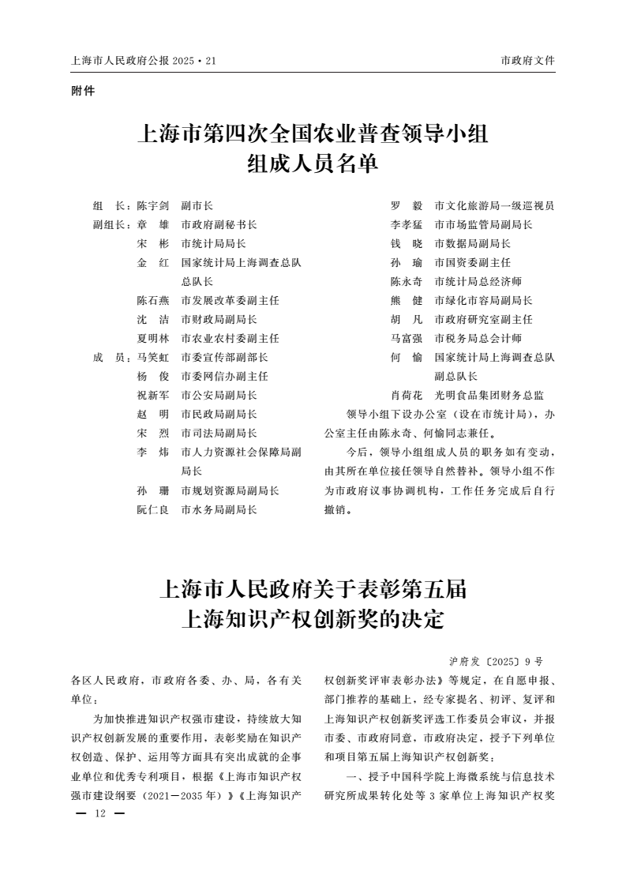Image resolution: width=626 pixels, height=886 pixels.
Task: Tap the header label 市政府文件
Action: pos(527,60)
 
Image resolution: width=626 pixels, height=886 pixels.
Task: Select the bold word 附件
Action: pos(83,91)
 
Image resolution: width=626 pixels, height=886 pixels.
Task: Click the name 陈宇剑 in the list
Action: pos(153,205)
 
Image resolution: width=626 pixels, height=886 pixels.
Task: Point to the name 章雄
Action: pos(153,224)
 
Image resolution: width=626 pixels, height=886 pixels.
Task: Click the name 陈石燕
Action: pos(153,301)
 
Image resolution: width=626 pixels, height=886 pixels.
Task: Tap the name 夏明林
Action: pos(153,339)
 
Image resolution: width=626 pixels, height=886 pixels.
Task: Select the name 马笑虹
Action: pos(153,358)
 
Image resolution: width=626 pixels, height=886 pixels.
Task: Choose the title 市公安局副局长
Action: pos(219,396)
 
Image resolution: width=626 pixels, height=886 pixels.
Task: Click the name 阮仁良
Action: pos(153,510)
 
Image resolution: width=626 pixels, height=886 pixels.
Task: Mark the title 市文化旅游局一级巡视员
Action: pos(494,205)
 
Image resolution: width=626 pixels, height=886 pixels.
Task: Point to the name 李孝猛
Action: pos(407,224)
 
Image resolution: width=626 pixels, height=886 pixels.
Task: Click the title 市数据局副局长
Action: pos(472,243)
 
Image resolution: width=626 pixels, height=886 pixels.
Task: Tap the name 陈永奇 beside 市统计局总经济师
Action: pos(407,282)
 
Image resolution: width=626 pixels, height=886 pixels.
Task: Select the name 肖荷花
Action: pos(407,396)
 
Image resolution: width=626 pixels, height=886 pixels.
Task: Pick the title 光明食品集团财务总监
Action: pos(489,396)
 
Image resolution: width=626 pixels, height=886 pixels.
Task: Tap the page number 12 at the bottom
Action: pos(99,813)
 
